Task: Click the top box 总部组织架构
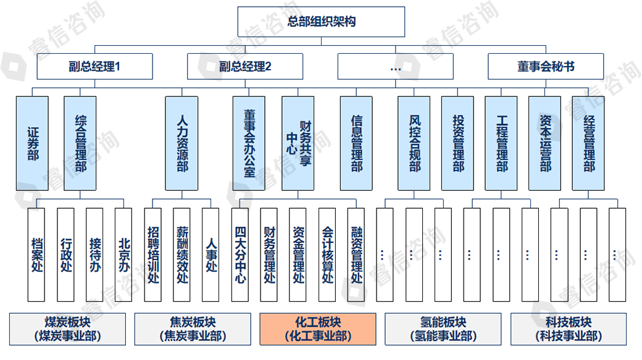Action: coord(321,22)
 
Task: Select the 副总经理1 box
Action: coord(94,66)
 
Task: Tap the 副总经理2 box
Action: coord(245,66)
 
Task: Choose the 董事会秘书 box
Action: coord(546,66)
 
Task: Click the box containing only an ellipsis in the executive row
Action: coord(396,66)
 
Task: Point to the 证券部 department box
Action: coord(32,143)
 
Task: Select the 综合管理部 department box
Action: coord(80,143)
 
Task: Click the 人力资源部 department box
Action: coord(181,143)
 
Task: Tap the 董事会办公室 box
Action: coord(249,143)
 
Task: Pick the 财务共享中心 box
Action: coord(298,143)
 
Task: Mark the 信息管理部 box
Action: coord(356,143)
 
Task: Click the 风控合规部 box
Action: coord(414,143)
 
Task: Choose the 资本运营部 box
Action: coord(545,143)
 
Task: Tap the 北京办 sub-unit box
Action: coord(123,254)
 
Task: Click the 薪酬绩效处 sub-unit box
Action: coord(181,254)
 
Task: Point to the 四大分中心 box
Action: coord(240,254)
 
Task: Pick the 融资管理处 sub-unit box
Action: coord(356,254)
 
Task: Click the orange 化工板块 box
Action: coord(317,329)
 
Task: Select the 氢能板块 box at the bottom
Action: coord(443,329)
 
